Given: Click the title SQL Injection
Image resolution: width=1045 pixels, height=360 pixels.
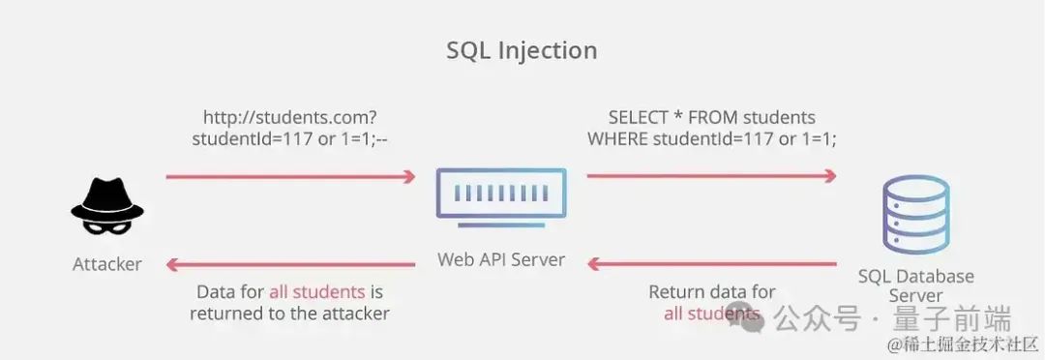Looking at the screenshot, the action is point(522,51).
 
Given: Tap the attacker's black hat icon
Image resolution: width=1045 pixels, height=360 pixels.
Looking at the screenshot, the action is point(107,200).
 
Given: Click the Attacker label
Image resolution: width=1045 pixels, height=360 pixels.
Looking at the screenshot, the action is point(107,264).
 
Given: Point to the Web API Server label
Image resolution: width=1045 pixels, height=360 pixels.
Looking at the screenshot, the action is point(501,259).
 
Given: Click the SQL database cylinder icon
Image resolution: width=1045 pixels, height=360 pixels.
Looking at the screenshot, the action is point(915,211).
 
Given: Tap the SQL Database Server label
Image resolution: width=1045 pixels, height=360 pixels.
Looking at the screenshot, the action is point(915,285).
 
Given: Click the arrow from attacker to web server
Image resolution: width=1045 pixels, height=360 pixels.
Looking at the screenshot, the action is point(290,177).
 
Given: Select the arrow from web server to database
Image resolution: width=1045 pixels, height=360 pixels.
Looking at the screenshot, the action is point(712,176).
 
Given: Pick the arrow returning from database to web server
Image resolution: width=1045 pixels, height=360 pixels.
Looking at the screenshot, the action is point(712,264).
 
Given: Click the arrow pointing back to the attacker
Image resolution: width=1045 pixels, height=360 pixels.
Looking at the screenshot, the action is point(290,264).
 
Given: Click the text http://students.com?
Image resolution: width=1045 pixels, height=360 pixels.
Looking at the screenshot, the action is point(290,118).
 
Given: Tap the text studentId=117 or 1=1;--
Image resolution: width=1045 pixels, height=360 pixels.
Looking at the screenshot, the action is point(290,140).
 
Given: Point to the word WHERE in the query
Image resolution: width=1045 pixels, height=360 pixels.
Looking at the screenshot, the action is point(617,140).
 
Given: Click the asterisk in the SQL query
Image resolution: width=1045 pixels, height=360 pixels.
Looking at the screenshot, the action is point(678,116).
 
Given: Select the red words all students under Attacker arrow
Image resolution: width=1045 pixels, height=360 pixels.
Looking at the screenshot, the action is point(316,292).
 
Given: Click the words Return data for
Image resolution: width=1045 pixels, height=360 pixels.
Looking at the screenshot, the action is point(712,292).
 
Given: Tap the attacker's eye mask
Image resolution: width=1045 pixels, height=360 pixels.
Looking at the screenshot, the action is point(107,225).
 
